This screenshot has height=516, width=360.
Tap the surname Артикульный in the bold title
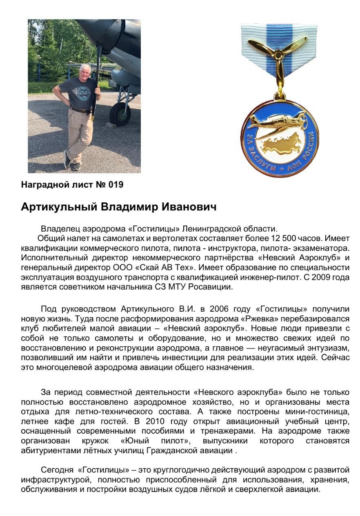(x=59, y=207)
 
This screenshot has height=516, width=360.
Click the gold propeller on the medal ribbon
(x=278, y=54)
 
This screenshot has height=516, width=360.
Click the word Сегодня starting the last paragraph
(x=57, y=470)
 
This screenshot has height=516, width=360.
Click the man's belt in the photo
(x=80, y=110)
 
